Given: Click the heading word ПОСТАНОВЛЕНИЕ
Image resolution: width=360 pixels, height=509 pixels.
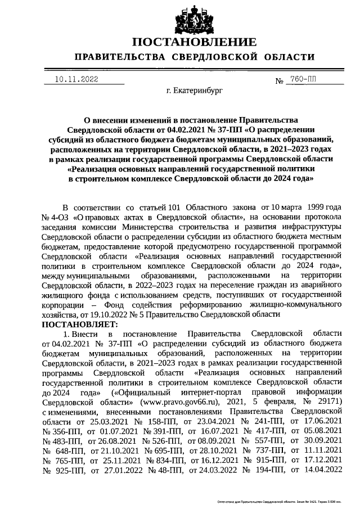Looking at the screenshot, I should tap(195, 42).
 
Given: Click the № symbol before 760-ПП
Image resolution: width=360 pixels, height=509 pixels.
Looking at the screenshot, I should tap(280, 82).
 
